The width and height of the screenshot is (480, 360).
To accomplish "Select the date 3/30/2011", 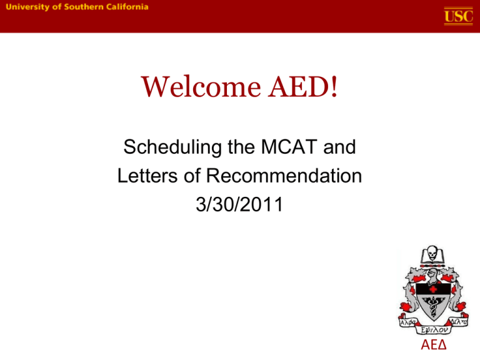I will click(x=239, y=204).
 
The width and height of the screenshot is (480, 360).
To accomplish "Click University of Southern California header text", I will click(x=78, y=7).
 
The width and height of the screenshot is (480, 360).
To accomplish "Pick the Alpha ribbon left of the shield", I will click(x=406, y=321).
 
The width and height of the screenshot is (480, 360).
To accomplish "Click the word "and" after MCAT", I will click(x=341, y=150).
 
